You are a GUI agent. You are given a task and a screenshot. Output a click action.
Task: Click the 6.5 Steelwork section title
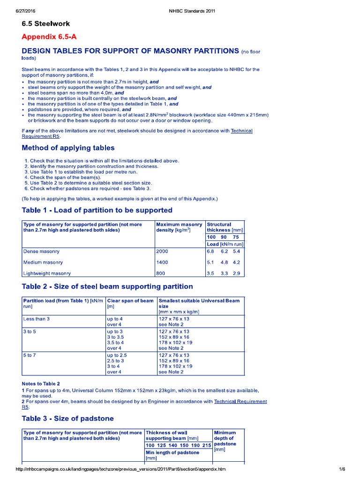point(46,23)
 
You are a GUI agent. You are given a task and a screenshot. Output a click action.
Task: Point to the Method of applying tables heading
point(68,148)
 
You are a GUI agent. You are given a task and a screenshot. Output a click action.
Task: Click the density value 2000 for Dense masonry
point(162,251)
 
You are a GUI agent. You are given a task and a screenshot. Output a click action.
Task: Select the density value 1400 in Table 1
point(162,262)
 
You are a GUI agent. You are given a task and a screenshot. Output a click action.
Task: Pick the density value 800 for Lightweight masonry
point(161,273)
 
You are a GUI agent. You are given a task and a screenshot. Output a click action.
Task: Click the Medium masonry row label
point(43,262)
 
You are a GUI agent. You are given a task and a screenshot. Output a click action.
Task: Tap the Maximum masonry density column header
point(179,227)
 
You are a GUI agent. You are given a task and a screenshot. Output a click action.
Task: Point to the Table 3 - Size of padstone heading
point(67,418)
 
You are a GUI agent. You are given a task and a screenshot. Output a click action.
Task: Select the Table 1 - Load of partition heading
point(97,210)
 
